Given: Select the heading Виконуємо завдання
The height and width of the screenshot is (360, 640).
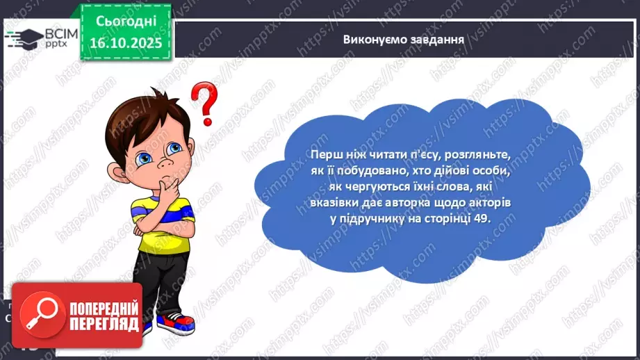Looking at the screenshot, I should coord(403,38).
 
